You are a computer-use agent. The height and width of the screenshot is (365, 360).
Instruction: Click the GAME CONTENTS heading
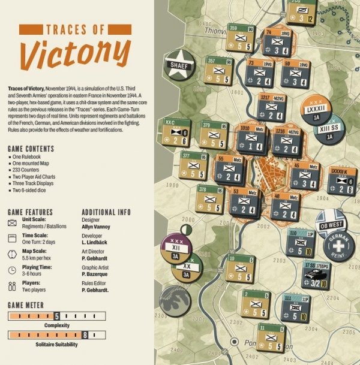pos(31,149)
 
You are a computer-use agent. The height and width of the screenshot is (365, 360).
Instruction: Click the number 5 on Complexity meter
pos(56,315)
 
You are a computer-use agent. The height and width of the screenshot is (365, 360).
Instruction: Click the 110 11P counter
pos(298,242)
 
